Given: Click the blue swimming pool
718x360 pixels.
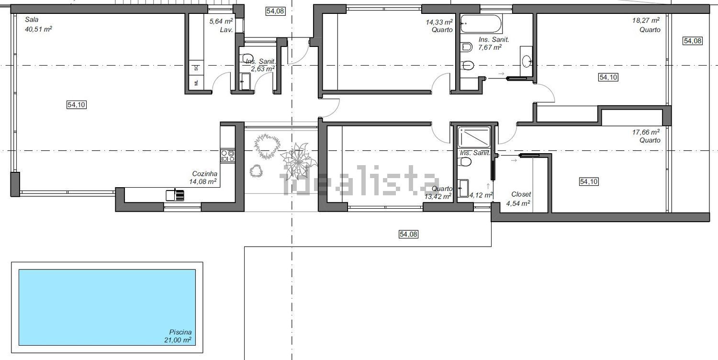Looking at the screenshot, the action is click(x=107, y=307).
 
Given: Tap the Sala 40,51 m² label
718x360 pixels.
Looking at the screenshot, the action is click(x=38, y=24).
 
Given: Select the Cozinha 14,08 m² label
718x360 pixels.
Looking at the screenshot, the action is click(x=203, y=178).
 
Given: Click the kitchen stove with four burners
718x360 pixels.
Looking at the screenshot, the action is click(x=227, y=156).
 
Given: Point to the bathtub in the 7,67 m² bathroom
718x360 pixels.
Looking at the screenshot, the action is click(x=481, y=24).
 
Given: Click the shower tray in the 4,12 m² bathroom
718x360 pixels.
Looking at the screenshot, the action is click(x=474, y=137).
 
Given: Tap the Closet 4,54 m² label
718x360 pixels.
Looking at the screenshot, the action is click(x=518, y=199).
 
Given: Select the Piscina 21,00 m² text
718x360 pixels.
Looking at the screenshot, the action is click(x=178, y=336).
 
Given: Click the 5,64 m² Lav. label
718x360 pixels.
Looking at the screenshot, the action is click(x=221, y=25).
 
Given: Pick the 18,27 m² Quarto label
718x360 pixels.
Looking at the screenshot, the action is click(x=646, y=25).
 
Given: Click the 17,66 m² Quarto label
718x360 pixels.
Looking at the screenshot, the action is click(x=646, y=136).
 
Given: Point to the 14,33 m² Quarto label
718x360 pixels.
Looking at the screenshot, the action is click(x=439, y=26).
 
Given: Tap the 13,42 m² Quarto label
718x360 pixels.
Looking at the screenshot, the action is click(x=438, y=192).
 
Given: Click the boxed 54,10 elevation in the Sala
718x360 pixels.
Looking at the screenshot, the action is click(x=77, y=104).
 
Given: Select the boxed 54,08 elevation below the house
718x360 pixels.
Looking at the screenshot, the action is click(x=408, y=235).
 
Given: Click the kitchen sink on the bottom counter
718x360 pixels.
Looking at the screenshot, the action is click(x=175, y=195).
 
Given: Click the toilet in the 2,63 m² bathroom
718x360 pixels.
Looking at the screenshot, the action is click(x=248, y=58).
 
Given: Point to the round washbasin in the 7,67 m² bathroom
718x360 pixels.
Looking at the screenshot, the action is click(x=527, y=60).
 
